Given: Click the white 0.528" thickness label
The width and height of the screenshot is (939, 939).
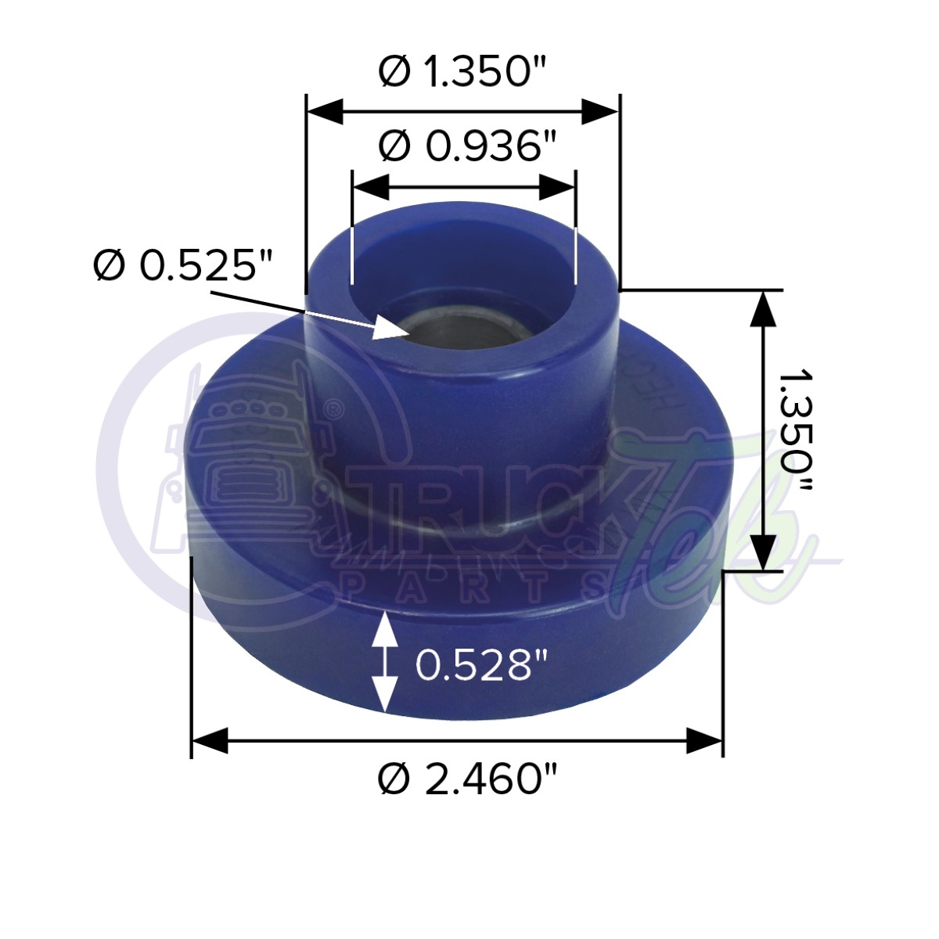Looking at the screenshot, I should (x=479, y=665).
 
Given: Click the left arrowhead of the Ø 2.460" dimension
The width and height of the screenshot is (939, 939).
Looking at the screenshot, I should (x=210, y=740).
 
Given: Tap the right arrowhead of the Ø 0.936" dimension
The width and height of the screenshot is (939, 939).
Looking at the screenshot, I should (x=558, y=187).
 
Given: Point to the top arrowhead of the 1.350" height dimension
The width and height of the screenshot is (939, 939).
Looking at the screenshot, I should (x=763, y=308).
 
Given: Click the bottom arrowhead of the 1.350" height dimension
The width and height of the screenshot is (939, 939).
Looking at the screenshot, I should (x=763, y=552).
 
